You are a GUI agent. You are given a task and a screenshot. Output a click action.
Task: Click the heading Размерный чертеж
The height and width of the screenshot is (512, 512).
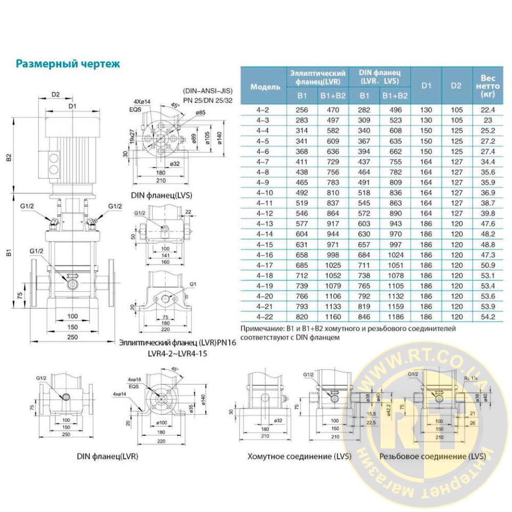pos(67,64)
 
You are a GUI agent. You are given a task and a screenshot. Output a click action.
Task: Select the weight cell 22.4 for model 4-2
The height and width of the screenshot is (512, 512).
pos(489,110)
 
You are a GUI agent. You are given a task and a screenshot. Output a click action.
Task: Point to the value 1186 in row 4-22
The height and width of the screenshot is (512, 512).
pos(395,316)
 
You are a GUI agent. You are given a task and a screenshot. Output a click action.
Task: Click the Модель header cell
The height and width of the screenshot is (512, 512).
pos(265,86)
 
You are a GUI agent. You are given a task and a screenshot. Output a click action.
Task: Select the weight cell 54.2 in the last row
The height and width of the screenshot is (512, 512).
pos(489,316)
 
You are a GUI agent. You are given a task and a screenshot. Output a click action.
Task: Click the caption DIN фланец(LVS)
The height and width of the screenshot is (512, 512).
pos(161,195)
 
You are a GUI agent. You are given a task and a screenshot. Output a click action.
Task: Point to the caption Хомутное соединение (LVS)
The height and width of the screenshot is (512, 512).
pos(291,457)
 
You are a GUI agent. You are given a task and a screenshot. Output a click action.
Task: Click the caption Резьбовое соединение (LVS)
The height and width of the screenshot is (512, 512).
pos(433,457)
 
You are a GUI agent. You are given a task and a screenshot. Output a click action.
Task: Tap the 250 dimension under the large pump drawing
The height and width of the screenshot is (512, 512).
pos(73,337)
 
